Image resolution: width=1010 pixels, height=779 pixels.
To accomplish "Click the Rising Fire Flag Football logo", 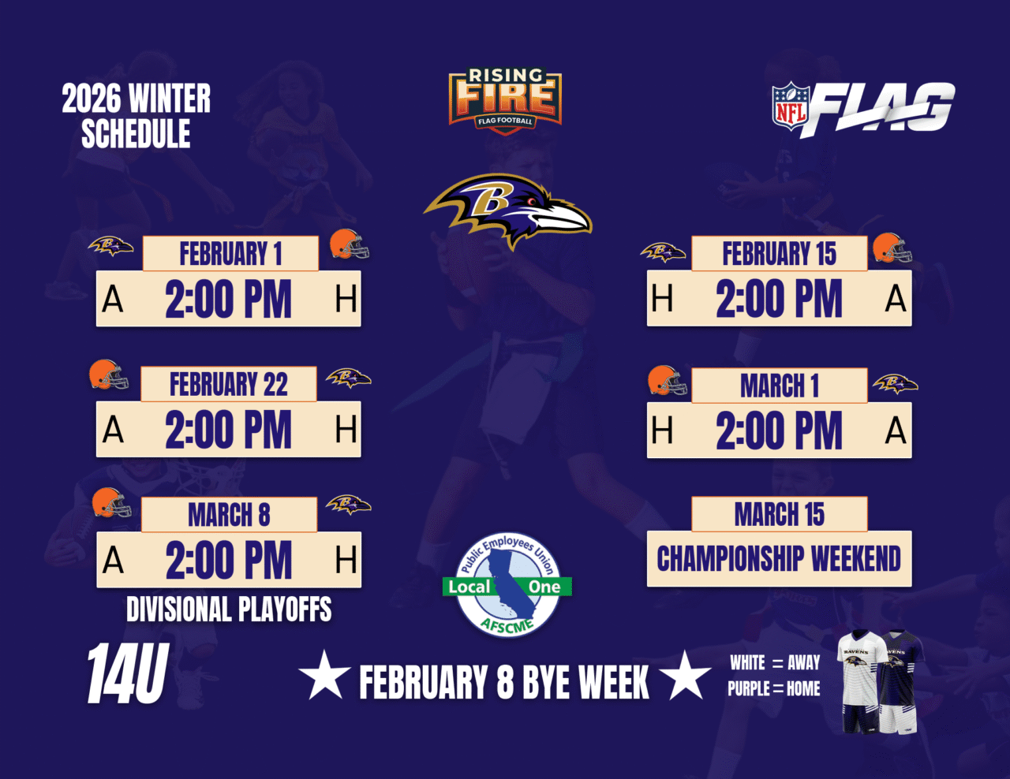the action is pos(505,101).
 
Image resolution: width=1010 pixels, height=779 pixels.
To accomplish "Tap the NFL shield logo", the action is pos(791,106).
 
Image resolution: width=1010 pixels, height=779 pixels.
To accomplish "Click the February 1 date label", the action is pos(230,253).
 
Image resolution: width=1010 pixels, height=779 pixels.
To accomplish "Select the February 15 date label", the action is pos(780,253).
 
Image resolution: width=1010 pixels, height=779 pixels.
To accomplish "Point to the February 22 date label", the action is pos(229,384).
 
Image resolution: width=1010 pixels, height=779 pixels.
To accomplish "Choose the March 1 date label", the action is pos(780,386).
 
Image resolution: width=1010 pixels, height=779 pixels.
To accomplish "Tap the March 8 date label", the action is pos(229,514).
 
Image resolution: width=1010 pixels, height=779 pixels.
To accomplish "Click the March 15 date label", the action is pos(780,514).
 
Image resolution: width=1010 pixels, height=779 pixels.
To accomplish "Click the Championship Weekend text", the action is pos(779,558).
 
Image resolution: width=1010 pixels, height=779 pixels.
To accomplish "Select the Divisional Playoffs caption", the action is pos(229,609).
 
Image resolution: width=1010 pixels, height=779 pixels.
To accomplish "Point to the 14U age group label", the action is pos(128,673).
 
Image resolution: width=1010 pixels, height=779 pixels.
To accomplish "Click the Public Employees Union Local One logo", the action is pos(507,585).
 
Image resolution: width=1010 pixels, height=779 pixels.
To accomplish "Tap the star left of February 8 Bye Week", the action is pos(324,676).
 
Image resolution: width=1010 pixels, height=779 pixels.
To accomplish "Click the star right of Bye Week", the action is pos(685,676).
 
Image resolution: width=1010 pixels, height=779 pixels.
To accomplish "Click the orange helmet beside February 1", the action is pos(349,244).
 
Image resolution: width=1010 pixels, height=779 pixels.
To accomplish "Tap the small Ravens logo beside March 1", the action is pos(896,383).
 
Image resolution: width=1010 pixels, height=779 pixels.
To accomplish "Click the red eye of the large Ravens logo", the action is pos(531,202).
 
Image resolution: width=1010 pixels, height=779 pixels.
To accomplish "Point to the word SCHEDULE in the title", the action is pos(136,134).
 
